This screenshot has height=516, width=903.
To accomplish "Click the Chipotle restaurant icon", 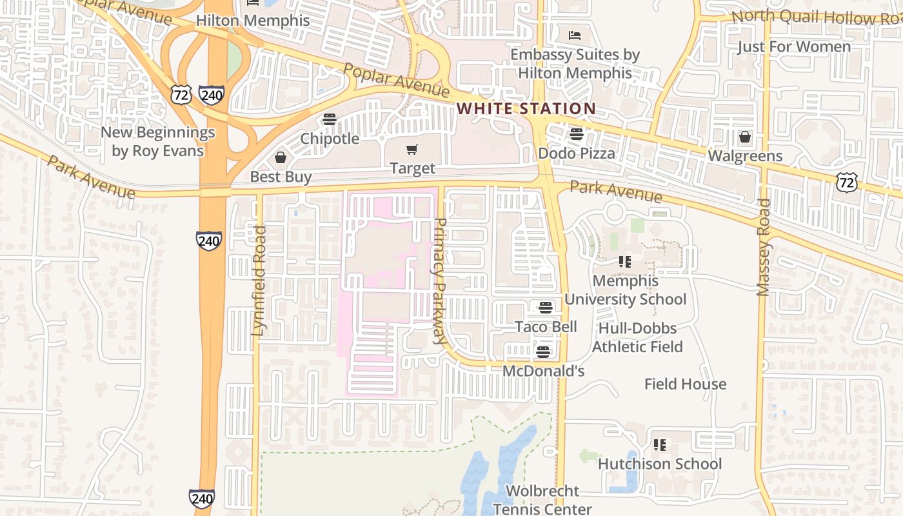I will pyautogui.click(x=330, y=119).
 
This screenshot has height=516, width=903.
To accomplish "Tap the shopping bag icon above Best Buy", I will pyautogui.click(x=281, y=157).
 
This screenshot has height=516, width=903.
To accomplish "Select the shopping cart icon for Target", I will pyautogui.click(x=412, y=150).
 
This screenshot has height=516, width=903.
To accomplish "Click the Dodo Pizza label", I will pyautogui.click(x=576, y=154).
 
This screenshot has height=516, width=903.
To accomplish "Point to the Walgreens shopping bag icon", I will pyautogui.click(x=745, y=137).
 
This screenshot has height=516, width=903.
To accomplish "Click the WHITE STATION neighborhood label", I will pyautogui.click(x=526, y=108).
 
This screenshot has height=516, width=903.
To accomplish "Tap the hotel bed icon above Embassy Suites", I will pyautogui.click(x=575, y=35).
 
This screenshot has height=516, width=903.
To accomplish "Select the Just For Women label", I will pyautogui.click(x=794, y=47).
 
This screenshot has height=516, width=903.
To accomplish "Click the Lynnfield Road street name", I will pyautogui.click(x=259, y=281).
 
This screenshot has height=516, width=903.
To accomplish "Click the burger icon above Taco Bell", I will pyautogui.click(x=546, y=307).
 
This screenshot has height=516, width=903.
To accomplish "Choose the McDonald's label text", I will pyautogui.click(x=543, y=371).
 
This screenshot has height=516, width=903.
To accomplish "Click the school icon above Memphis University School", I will pyautogui.click(x=624, y=262).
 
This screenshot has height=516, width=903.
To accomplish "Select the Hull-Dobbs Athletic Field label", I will pyautogui.click(x=637, y=338).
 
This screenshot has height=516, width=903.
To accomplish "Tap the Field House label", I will pyautogui.click(x=685, y=384).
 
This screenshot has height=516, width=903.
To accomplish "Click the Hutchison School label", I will pyautogui.click(x=660, y=464).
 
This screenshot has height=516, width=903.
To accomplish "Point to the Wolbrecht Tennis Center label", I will pyautogui.click(x=542, y=500).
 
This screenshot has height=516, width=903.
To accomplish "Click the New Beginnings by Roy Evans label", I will pyautogui.click(x=158, y=142).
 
